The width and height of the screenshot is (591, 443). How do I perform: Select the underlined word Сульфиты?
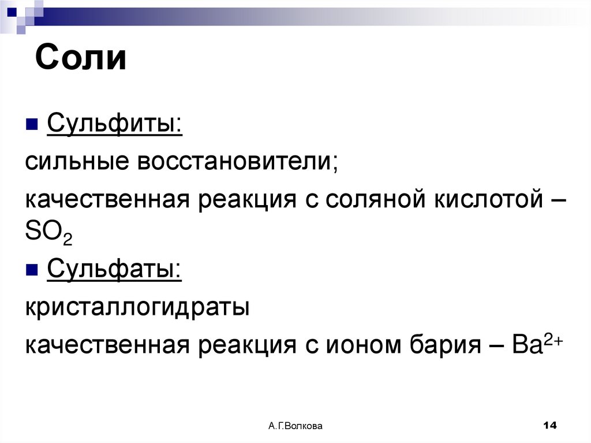tap(114, 123)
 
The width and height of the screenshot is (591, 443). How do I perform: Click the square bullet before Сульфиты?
tap(32, 124)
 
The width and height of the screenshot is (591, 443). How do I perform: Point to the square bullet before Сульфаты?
tap(32, 269)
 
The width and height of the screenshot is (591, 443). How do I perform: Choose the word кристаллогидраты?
tap(137, 307)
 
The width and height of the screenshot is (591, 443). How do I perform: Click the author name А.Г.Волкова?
tap(295, 426)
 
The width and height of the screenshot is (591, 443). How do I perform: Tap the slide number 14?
tap(549, 426)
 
